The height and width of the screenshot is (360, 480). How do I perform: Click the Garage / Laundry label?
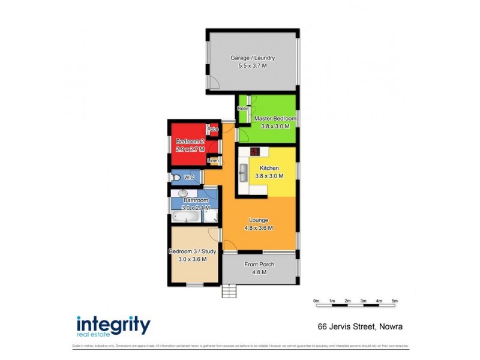pyautogui.click(x=253, y=58)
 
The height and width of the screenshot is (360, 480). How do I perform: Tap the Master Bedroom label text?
pyautogui.click(x=275, y=119)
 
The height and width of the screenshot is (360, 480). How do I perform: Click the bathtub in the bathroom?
pyautogui.click(x=185, y=217)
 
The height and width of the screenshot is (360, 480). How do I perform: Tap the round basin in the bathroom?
pyautogui.click(x=183, y=194)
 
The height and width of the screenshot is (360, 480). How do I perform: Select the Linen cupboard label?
pyautogui.click(x=213, y=161)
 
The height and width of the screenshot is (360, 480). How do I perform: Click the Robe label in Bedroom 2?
pyautogui.click(x=212, y=129)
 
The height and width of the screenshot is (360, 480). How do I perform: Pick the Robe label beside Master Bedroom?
pyautogui.click(x=242, y=109)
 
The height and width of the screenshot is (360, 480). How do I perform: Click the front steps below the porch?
pyautogui.click(x=229, y=291)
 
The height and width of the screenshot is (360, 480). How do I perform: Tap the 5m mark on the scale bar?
pyautogui.click(x=394, y=301)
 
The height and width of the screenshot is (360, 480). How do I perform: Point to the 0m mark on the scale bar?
pyautogui.click(x=316, y=301)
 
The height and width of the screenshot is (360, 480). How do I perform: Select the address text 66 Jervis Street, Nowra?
pyautogui.click(x=360, y=327)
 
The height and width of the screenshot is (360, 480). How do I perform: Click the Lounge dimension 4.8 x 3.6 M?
pyautogui.click(x=259, y=228)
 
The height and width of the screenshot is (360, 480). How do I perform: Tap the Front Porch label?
pyautogui.click(x=259, y=264)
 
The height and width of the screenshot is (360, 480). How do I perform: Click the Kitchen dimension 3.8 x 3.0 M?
pyautogui.click(x=268, y=176)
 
